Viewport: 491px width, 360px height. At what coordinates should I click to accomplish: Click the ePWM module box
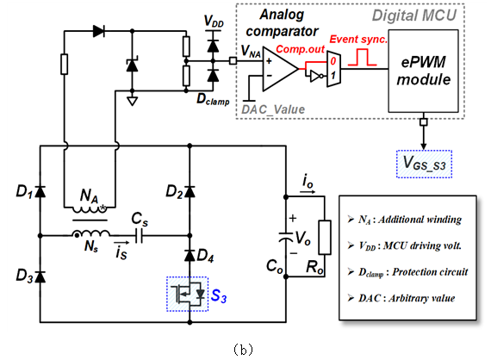click(x=423, y=71)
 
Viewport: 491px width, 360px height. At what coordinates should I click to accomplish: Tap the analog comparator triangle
click(x=279, y=69)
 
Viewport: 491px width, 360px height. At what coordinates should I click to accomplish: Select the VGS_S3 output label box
click(x=424, y=164)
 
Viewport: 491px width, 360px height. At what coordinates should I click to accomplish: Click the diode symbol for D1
click(x=40, y=191)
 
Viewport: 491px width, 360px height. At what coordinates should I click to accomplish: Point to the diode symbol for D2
click(x=190, y=191)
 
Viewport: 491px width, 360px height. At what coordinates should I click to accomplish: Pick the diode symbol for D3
click(x=40, y=276)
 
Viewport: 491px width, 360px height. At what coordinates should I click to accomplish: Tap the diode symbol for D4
click(x=190, y=255)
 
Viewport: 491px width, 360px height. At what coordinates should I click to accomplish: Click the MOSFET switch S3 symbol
click(x=187, y=294)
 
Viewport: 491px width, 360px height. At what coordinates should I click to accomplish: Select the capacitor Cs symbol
click(x=140, y=235)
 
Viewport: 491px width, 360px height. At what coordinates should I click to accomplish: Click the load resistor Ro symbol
click(x=325, y=238)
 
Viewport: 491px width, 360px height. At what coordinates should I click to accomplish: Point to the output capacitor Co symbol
click(x=286, y=238)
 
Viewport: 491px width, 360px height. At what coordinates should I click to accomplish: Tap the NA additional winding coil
click(x=90, y=209)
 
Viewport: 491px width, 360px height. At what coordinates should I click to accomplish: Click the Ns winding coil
click(x=90, y=233)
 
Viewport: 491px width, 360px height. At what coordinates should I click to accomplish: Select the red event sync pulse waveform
click(x=362, y=57)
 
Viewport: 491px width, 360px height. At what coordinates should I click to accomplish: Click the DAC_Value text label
click(x=273, y=109)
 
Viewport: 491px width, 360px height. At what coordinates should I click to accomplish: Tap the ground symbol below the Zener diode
click(x=132, y=101)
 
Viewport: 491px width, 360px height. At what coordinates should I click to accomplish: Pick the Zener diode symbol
click(x=132, y=65)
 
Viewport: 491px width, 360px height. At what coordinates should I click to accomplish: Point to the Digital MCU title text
click(x=414, y=16)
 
